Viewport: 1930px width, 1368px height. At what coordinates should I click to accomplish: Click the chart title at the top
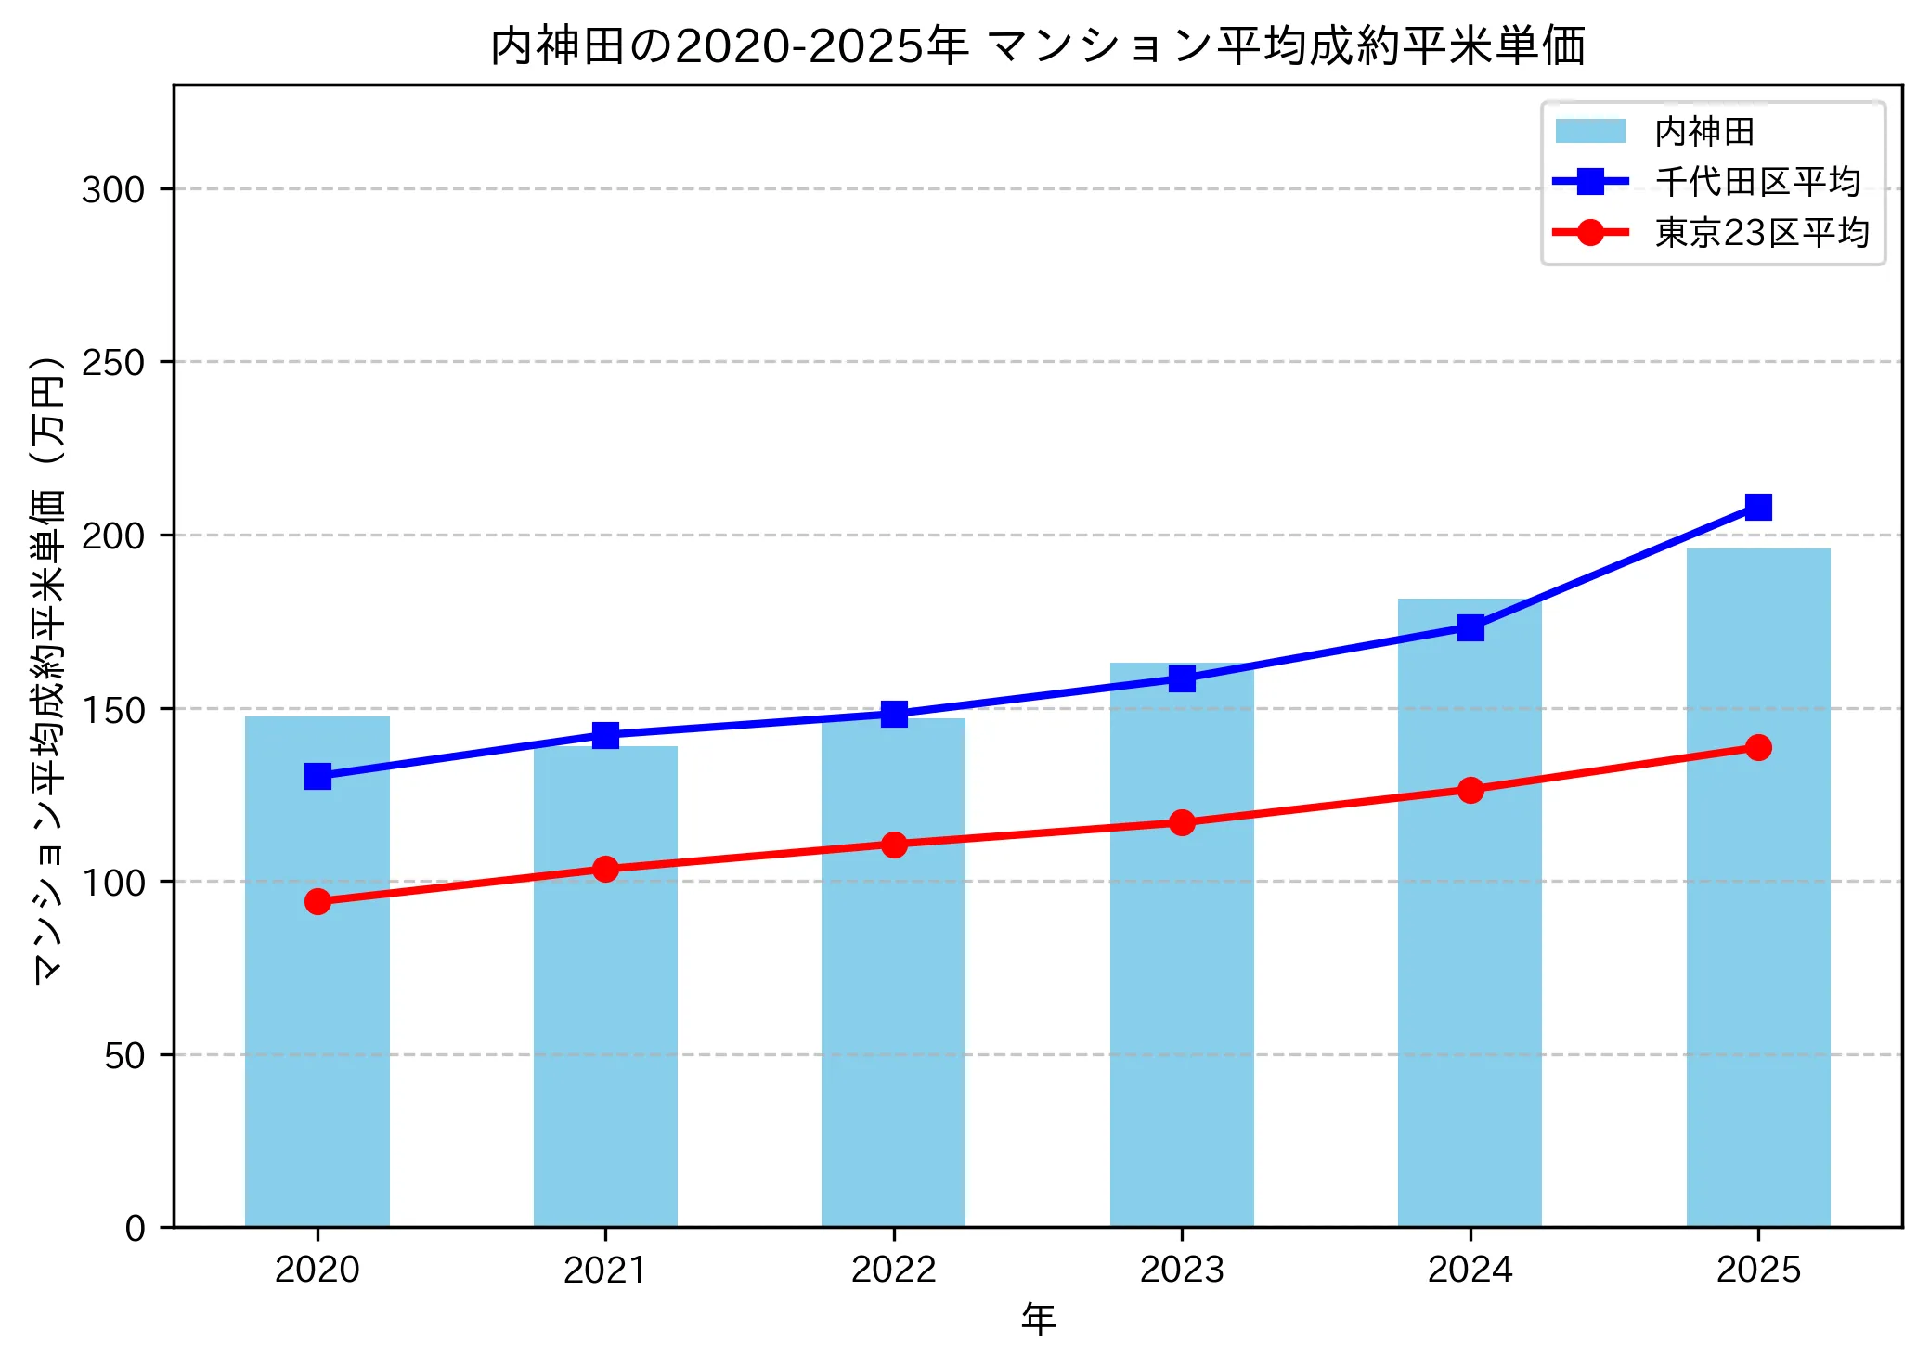1037,46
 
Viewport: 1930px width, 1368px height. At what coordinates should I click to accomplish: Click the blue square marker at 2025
1758,507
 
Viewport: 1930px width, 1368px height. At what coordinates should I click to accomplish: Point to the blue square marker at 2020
317,776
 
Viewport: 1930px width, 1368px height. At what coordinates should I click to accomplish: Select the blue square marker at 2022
894,714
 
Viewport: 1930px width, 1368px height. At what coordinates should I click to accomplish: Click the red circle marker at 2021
605,869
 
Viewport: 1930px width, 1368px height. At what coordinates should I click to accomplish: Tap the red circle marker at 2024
1470,790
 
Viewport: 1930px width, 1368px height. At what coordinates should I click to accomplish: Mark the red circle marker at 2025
1758,747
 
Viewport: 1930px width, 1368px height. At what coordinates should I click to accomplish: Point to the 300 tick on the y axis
113,189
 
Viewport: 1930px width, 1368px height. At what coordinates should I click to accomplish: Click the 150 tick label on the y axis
113,710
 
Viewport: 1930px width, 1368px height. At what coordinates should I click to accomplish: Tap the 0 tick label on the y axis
136,1229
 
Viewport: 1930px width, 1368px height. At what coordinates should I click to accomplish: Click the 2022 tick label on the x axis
894,1270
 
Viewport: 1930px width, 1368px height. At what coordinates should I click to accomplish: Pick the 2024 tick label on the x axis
1470,1270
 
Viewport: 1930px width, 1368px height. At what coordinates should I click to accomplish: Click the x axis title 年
1038,1320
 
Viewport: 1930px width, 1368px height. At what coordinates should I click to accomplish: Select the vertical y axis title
48,668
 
